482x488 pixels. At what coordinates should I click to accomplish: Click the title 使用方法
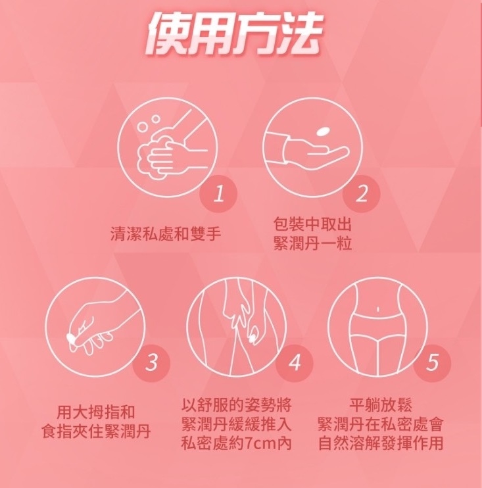click(x=234, y=34)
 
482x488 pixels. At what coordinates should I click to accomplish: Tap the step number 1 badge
click(x=218, y=193)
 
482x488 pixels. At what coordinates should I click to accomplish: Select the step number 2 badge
click(x=361, y=193)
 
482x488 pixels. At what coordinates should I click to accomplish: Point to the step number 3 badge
click(x=151, y=362)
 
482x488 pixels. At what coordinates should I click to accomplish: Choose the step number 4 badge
click(x=294, y=362)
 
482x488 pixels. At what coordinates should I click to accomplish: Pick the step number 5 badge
click(x=432, y=362)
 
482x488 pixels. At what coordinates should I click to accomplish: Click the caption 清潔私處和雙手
click(x=166, y=233)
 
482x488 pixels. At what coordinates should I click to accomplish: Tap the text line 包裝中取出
click(x=312, y=224)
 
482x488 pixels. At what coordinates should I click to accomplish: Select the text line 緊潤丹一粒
click(x=312, y=243)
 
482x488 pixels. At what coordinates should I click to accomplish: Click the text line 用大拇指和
click(x=96, y=412)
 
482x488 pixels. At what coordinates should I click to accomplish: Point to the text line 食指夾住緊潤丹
click(x=96, y=431)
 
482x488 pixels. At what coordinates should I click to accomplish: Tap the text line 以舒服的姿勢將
click(x=237, y=405)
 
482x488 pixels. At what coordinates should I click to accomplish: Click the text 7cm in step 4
click(x=260, y=444)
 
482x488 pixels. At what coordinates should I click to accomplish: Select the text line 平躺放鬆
click(x=380, y=405)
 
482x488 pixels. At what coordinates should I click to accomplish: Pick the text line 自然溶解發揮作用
click(x=380, y=443)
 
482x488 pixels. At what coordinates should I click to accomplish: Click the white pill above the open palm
click(x=322, y=132)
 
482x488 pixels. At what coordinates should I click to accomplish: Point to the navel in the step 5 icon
click(x=377, y=309)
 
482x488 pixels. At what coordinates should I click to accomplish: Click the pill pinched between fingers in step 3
click(x=70, y=337)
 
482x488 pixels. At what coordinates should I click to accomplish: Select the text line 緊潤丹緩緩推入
click(x=237, y=424)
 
